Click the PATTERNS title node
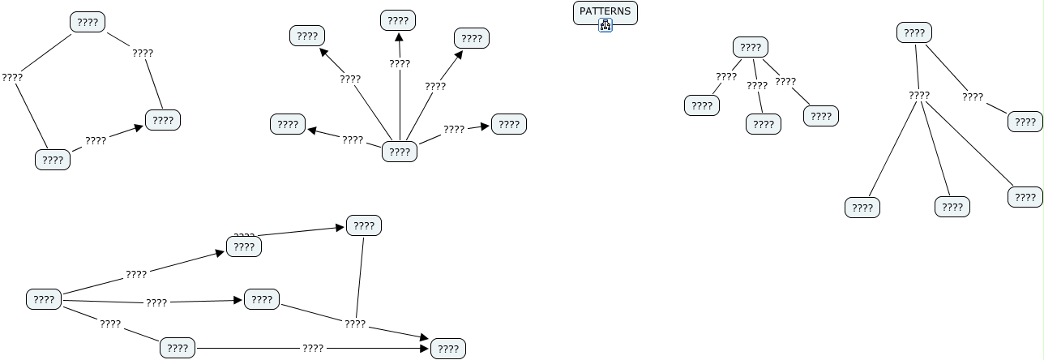coord(605,12)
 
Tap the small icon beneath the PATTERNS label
coord(605,26)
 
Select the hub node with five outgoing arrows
coord(400,152)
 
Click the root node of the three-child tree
coord(751,47)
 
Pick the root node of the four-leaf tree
coord(913,33)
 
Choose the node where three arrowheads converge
coord(447,349)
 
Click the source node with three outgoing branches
coord(44,299)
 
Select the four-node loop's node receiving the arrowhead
coord(162,120)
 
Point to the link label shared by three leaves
coord(919,95)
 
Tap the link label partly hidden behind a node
coord(244,235)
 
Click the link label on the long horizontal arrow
coord(313,348)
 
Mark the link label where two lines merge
coord(355,324)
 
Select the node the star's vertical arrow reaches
coord(397,20)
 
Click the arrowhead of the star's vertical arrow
coord(399,37)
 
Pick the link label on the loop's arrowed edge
coord(96,140)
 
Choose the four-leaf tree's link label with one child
coord(973,97)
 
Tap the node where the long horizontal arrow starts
coord(177,349)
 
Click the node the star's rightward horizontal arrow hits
coord(508,124)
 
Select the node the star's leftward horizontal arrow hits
coord(287,124)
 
